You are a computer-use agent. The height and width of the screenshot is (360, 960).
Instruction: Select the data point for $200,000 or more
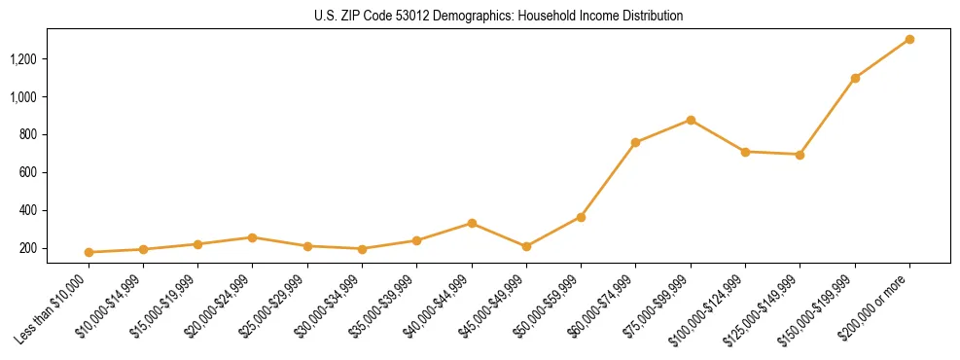point(909,40)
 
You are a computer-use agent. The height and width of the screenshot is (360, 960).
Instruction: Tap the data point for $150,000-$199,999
point(855,78)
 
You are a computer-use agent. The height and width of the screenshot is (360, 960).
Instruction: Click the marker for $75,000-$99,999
point(691,120)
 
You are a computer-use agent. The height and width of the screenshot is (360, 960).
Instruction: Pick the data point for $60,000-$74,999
point(635,143)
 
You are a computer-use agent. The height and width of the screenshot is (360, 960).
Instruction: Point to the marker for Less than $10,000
point(89,252)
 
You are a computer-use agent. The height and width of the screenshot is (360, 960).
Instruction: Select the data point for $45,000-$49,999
point(526,246)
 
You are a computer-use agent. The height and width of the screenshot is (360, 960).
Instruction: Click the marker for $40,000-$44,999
point(472,223)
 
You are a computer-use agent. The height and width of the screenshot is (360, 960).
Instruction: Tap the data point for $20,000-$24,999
point(252,237)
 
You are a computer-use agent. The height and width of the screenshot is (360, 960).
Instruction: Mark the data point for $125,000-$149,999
point(800,155)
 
